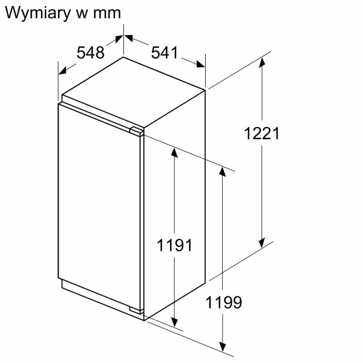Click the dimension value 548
(91, 53)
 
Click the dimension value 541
(165, 53)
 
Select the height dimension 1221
(262, 134)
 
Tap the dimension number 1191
(174, 245)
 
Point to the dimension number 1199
(224, 302)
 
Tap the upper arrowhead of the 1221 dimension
(263, 60)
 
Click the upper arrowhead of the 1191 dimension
(174, 152)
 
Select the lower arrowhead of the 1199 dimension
(224, 348)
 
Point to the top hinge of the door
(137, 130)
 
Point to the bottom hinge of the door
(138, 311)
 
